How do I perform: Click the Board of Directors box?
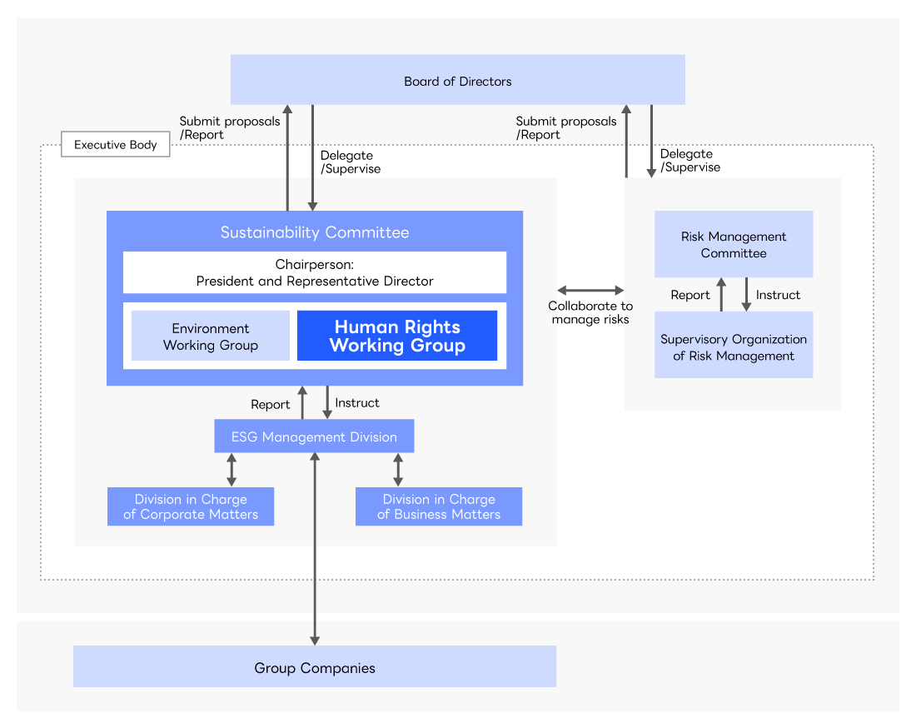[x=457, y=80]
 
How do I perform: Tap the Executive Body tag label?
[x=115, y=145]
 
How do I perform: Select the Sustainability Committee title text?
[x=315, y=232]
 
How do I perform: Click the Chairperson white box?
[x=315, y=272]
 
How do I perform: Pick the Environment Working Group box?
[x=211, y=337]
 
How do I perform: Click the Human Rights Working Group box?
[x=397, y=337]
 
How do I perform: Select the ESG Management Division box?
[x=314, y=436]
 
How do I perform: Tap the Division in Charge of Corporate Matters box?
[x=191, y=506]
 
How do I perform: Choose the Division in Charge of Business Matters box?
[x=439, y=506]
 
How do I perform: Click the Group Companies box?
[x=315, y=667]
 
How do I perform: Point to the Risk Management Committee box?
[x=734, y=244]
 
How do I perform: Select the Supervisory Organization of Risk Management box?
[x=734, y=347]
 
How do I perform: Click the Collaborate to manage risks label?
[x=590, y=312]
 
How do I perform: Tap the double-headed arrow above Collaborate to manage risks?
[x=590, y=291]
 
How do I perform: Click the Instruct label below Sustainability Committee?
[x=356, y=402]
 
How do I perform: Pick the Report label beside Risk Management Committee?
[x=690, y=295]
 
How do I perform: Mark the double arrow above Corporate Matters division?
[x=231, y=470]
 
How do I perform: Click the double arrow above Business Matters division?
[x=398, y=470]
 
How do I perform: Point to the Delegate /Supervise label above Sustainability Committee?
[x=350, y=162]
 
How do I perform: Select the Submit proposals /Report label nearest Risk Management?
[x=566, y=127]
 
